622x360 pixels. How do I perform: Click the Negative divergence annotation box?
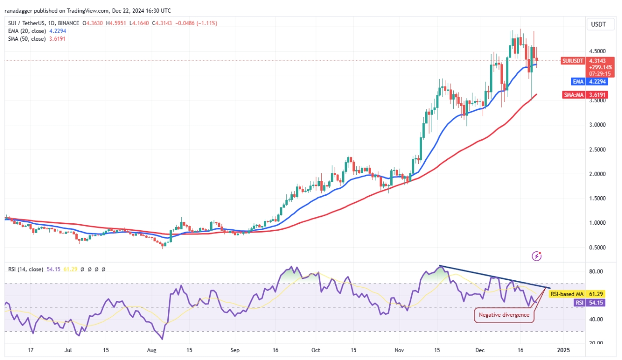(x=504, y=315)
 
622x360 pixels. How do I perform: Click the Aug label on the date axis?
(x=152, y=351)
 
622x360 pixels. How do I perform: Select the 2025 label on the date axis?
(x=563, y=351)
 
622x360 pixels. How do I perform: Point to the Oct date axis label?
(x=316, y=351)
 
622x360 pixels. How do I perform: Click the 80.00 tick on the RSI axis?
(x=596, y=271)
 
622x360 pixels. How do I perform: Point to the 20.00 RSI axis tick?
(x=596, y=343)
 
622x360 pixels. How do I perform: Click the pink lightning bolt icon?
(x=537, y=256)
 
